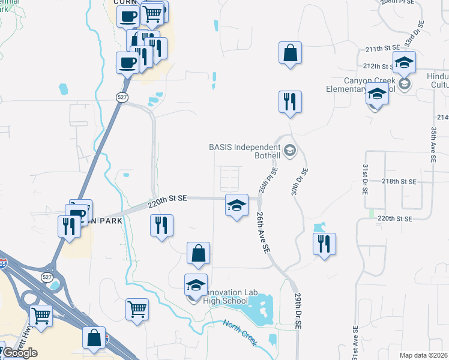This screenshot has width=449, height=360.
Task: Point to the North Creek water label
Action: click(x=240, y=333)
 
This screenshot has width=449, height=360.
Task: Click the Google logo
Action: click(x=20, y=353)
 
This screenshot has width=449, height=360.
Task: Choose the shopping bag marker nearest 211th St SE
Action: click(x=290, y=53)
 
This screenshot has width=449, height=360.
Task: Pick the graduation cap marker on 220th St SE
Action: click(x=236, y=205)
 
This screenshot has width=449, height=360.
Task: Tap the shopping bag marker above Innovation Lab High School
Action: click(x=198, y=253)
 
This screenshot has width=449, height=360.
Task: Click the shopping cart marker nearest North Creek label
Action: click(x=137, y=310)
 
